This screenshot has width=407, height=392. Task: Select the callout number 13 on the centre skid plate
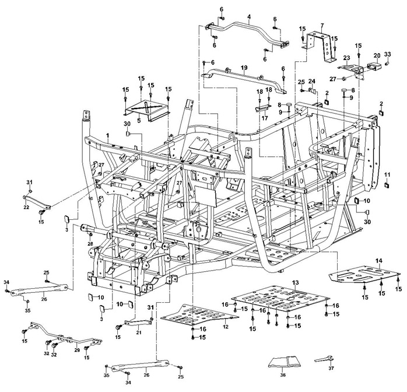pos(296,282)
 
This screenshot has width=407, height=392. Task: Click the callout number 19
pos(244,69)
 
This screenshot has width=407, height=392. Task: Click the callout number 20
pos(377,54)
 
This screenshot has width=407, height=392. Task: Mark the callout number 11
pos(387,174)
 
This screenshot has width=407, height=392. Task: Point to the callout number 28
pos(90,243)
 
